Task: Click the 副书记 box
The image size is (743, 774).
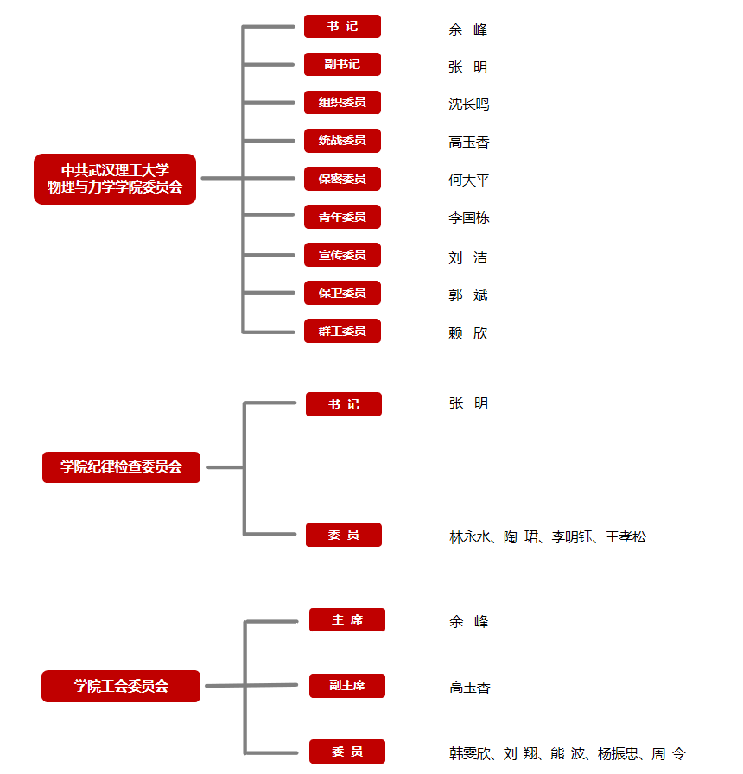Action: point(342,64)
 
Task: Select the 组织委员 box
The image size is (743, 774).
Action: point(342,102)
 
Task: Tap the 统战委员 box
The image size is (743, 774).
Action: point(342,140)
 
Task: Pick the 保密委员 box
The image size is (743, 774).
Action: point(342,179)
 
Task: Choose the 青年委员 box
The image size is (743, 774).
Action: point(342,217)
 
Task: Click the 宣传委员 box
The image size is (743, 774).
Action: point(342,255)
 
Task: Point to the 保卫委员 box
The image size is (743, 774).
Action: point(342,293)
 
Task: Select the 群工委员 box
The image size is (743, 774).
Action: point(342,331)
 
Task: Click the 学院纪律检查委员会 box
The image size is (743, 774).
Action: point(122,467)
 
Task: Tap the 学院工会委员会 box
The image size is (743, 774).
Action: point(121,686)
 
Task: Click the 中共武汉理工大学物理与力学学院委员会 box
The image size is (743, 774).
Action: point(115,179)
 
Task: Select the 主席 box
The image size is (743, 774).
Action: point(347,619)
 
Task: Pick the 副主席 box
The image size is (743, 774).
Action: point(347,686)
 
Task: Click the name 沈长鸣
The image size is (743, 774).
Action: point(469,105)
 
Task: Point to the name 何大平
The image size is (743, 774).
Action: point(469,181)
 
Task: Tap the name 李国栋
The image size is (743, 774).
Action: point(469,218)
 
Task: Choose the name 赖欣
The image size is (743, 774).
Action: point(468,333)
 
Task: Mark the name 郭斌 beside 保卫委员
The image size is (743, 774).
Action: point(468,295)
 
